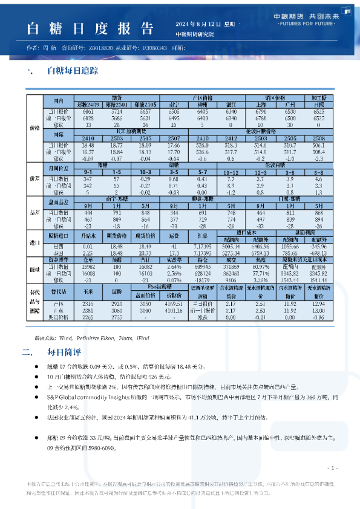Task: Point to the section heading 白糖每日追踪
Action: point(72,71)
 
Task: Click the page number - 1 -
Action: point(332,468)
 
